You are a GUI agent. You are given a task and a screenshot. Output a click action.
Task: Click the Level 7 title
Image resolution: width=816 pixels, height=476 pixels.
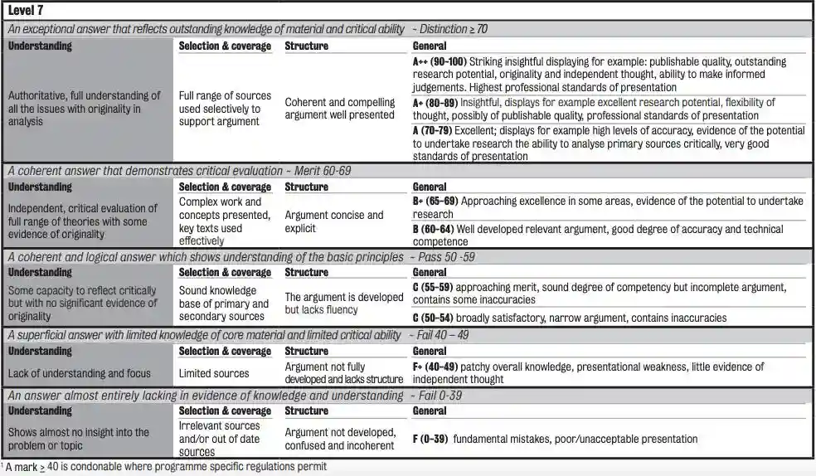click(29, 9)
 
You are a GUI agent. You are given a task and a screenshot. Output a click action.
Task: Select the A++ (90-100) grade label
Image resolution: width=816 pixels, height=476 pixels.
click(440, 61)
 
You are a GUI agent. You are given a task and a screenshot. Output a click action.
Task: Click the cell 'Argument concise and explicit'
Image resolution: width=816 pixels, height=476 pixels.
click(334, 221)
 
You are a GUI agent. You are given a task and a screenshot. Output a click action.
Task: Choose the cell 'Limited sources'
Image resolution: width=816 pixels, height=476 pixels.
click(214, 373)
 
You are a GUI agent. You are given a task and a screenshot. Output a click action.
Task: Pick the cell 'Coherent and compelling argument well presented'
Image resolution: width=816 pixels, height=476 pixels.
click(339, 109)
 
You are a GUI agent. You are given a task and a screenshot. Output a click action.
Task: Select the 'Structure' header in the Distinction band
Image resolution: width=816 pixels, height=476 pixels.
click(306, 46)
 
